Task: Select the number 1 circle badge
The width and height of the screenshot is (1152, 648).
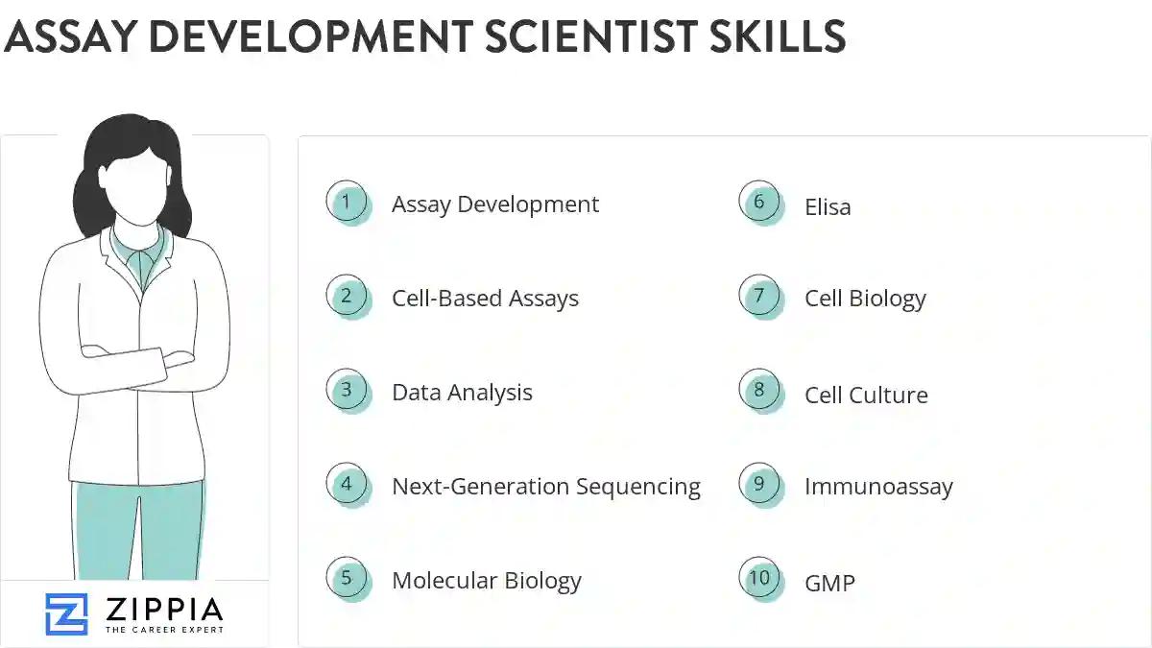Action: pos(347,203)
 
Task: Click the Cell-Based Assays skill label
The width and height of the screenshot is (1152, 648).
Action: pos(485,299)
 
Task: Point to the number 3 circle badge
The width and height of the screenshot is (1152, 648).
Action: pos(347,391)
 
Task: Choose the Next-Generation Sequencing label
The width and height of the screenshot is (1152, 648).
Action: pos(545,487)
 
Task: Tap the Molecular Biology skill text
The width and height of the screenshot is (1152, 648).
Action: pos(486,581)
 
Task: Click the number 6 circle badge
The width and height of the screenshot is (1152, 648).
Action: pos(759,203)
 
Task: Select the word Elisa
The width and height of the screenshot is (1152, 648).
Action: pos(828,206)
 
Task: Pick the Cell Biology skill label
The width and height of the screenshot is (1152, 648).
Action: pos(865,299)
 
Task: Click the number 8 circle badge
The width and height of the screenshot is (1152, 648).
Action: pos(759,391)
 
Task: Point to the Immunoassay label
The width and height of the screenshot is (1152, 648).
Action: pos(878,487)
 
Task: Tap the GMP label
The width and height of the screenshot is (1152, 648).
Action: pos(829,582)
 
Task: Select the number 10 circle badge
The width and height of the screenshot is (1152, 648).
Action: pos(759,578)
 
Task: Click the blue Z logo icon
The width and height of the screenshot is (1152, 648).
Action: pos(66,614)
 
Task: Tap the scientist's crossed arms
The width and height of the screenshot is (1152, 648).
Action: pos(136,361)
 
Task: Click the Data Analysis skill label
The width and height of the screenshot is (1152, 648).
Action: pos(462,393)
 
